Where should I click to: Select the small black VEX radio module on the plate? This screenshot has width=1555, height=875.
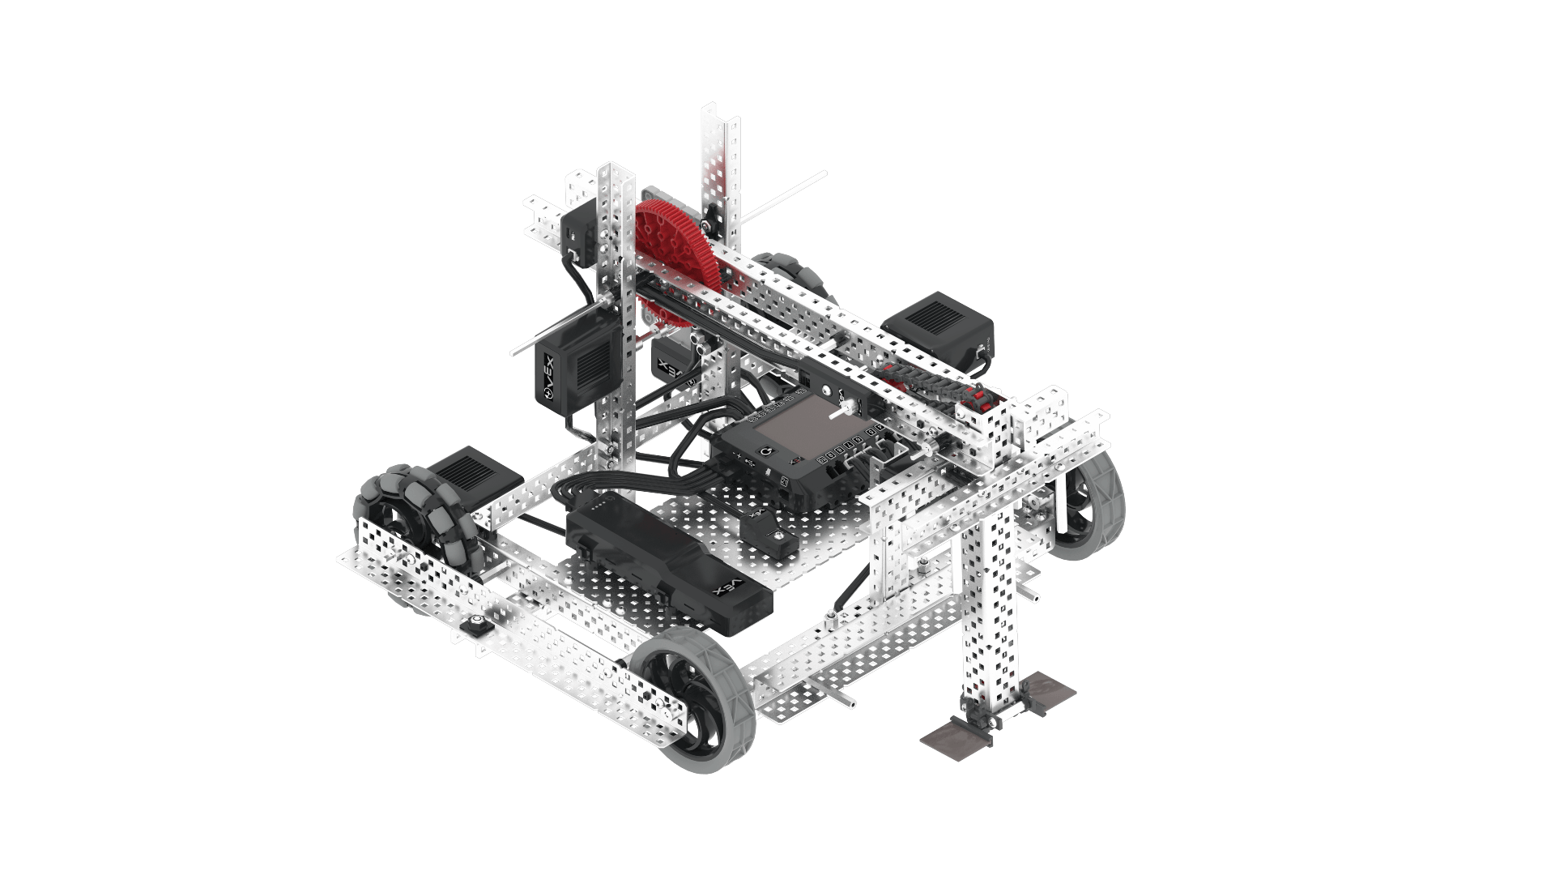[x=766, y=531]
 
